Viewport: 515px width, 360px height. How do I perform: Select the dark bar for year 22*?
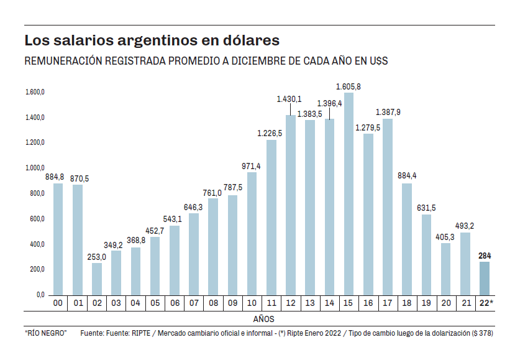click(484, 278)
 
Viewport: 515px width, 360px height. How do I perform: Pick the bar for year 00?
click(58, 239)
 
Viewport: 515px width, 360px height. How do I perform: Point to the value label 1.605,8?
click(349, 86)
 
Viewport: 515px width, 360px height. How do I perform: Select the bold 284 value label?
click(485, 256)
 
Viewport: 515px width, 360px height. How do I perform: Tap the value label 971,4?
click(252, 166)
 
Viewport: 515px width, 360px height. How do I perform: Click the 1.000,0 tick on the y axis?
click(35, 168)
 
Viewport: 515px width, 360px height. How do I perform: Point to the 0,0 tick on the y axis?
click(39, 295)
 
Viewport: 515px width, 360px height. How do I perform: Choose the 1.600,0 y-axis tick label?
click(35, 92)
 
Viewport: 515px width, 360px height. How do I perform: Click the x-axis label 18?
click(407, 303)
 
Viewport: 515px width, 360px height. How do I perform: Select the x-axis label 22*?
click(485, 303)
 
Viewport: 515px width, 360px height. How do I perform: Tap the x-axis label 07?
click(194, 303)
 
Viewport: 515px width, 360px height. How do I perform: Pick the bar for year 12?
click(291, 205)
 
